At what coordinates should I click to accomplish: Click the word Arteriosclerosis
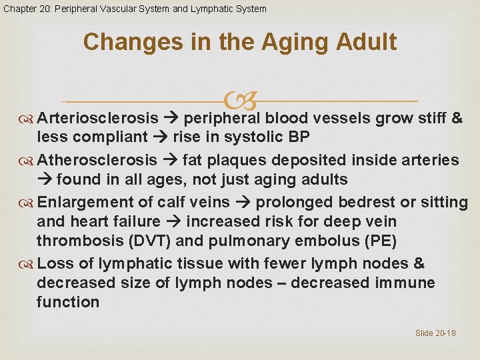coord(98,119)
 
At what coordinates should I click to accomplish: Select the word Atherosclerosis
coord(97,160)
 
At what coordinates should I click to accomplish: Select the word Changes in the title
coord(124,42)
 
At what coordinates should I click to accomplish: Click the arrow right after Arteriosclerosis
coord(171,119)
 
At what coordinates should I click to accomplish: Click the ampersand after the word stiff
coord(457,119)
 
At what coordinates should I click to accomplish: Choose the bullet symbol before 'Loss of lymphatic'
coord(27,264)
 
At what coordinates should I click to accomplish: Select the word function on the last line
coord(68,302)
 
